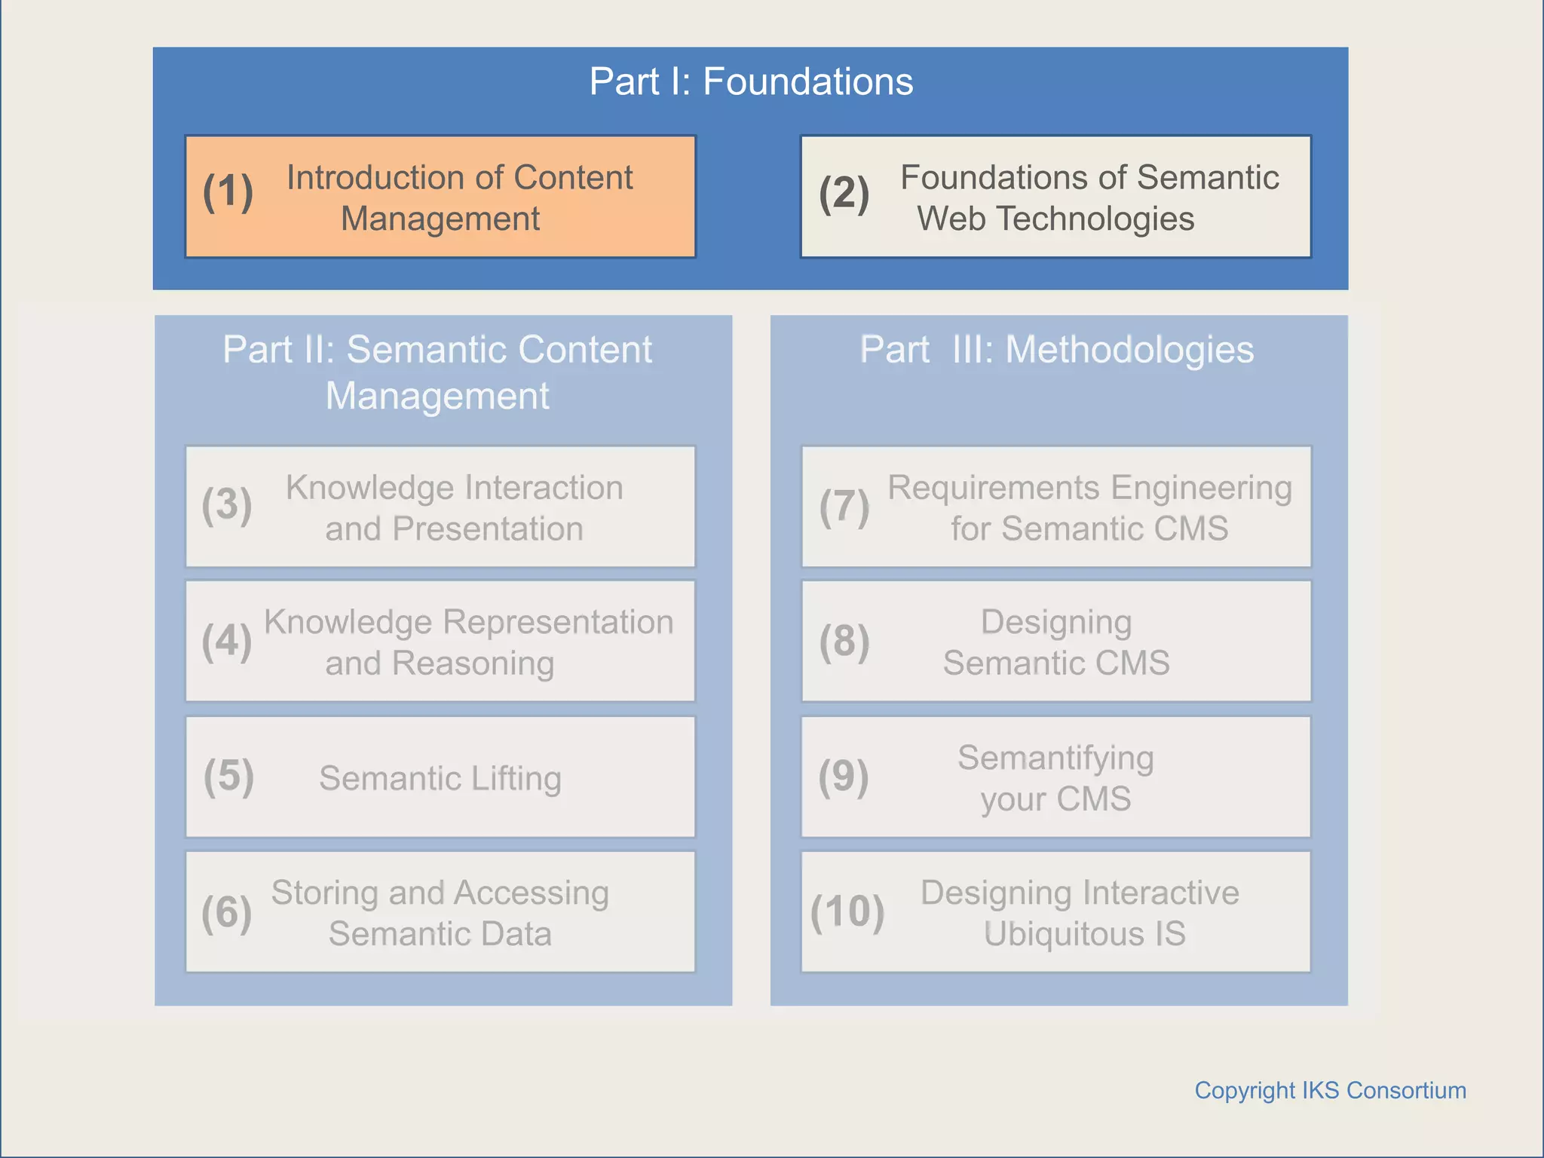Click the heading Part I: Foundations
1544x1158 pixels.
[x=751, y=81]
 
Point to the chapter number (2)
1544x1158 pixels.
[x=844, y=193]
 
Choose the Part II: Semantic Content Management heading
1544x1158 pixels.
[x=437, y=372]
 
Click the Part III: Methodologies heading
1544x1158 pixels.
[x=1056, y=350]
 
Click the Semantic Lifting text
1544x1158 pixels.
[x=440, y=778]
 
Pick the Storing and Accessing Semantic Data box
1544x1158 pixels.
[x=440, y=913]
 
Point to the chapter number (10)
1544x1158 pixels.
[x=847, y=911]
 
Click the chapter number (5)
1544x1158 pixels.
[x=228, y=777]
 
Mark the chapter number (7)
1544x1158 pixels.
[x=844, y=506]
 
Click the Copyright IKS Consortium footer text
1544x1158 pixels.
[x=1330, y=1090]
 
